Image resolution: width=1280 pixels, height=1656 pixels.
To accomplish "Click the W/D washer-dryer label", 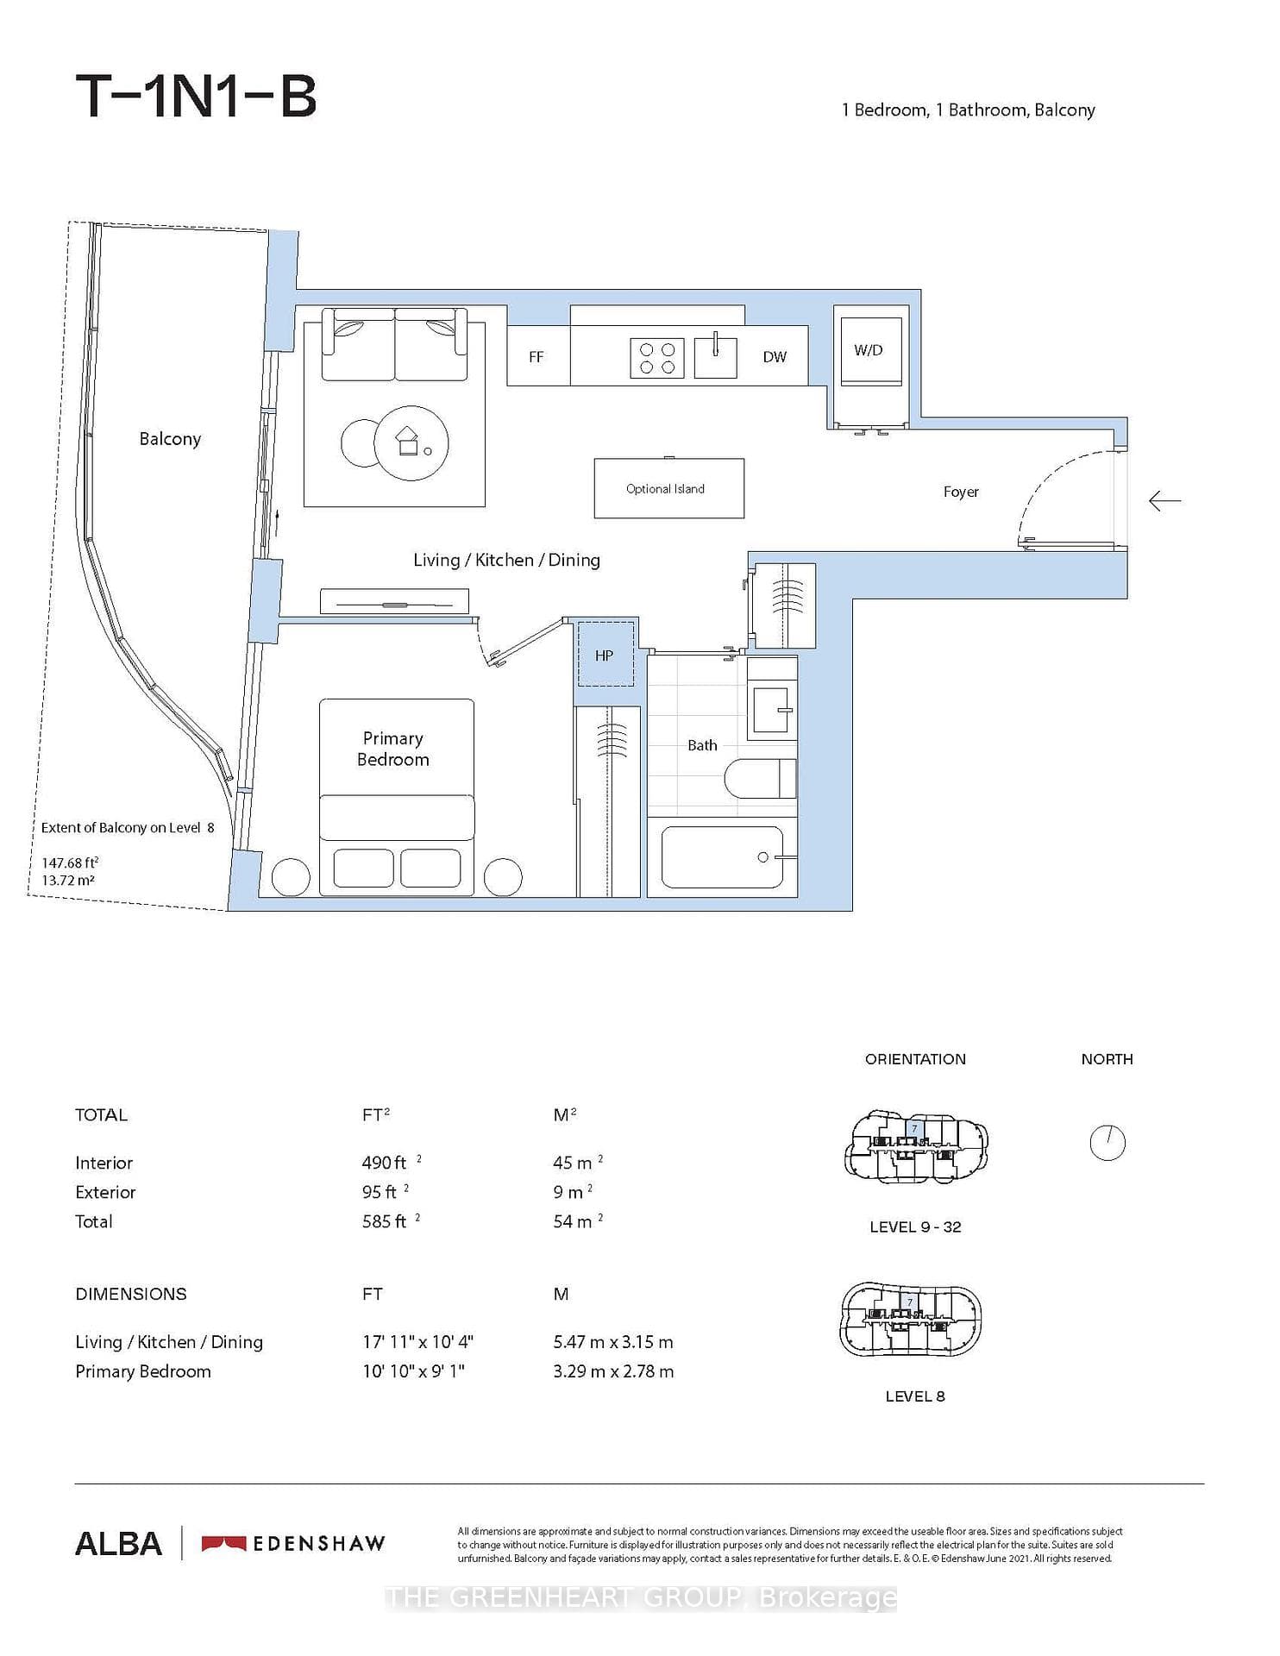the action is [x=868, y=350].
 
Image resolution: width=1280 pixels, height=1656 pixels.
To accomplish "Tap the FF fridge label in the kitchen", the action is [x=536, y=357].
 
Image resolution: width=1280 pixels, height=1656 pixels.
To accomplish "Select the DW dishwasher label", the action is [x=775, y=357].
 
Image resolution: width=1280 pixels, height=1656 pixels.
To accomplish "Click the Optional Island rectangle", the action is [x=668, y=488].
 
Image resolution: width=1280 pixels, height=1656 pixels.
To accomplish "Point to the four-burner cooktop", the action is [x=657, y=357].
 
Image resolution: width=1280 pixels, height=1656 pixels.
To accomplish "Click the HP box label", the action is [x=604, y=655].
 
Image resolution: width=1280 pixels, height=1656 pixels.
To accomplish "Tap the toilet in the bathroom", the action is [x=760, y=779].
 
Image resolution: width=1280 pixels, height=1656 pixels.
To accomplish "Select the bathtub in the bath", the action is [x=722, y=857].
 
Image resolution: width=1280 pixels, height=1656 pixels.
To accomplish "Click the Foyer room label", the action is [x=961, y=492].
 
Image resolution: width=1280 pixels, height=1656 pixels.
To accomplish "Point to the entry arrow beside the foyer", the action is [x=1164, y=500].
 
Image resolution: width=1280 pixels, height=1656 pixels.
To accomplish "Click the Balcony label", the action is [x=170, y=439].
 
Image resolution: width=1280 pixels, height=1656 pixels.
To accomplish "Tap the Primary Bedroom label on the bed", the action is [x=393, y=749].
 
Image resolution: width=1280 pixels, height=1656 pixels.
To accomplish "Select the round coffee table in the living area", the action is [x=411, y=443].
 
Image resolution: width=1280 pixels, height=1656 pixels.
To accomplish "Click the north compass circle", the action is [x=1107, y=1143].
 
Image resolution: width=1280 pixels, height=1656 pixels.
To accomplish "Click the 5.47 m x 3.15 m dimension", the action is [x=613, y=1342].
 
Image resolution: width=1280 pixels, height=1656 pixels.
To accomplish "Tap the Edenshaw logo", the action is [x=293, y=1543].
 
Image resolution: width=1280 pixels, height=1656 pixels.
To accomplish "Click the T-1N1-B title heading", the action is [x=197, y=96].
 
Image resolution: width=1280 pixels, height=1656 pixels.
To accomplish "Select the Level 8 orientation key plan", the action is [x=911, y=1319].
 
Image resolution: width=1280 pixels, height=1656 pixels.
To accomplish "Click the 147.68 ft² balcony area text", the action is [x=70, y=862].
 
